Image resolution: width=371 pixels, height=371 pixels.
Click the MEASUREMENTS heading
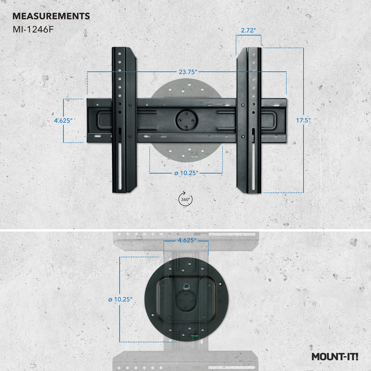point(51,16)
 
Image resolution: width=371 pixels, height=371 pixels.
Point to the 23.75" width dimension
point(188,72)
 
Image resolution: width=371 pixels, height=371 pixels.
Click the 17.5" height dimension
point(303,120)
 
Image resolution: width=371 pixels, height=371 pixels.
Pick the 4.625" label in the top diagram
point(63,120)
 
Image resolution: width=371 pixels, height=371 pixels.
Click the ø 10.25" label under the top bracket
point(186,173)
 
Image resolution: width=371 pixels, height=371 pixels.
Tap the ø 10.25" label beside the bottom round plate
point(120,299)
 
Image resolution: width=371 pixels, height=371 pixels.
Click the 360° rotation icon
point(185,199)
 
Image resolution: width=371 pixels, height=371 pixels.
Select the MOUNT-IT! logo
point(335,357)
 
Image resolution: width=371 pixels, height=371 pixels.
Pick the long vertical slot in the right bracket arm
point(253,162)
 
